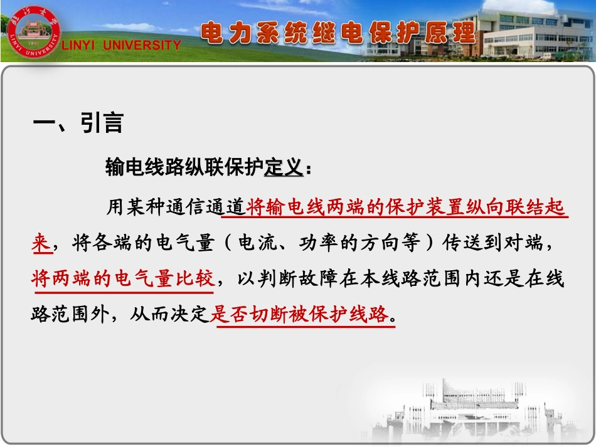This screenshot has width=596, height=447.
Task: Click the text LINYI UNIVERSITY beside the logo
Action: point(121,45)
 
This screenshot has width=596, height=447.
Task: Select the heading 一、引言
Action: point(78,123)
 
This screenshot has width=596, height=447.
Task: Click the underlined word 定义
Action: point(284,167)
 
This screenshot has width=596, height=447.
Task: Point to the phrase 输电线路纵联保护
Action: point(184,167)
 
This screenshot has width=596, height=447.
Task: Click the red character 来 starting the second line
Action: point(41,243)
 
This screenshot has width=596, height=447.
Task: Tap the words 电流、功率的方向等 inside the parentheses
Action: point(322,243)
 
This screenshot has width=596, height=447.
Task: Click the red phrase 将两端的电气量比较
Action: point(123,279)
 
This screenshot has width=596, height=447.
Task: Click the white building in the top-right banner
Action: point(533,34)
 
